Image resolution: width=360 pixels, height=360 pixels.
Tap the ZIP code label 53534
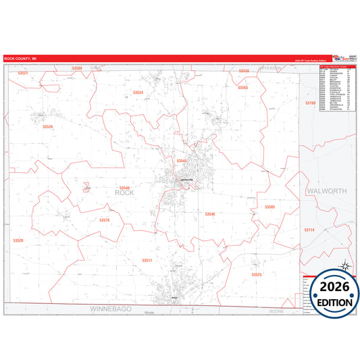pyautogui.click(x=138, y=92)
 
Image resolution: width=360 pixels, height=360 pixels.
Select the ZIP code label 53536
pyautogui.click(x=47, y=127)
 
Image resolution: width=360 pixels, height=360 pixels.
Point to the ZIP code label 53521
pyautogui.click(x=24, y=72)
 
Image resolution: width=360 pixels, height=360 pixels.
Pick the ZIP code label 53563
pyautogui.click(x=242, y=88)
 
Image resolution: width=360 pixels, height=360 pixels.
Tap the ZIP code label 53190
pyautogui.click(x=310, y=103)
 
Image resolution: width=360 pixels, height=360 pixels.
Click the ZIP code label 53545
pyautogui.click(x=181, y=161)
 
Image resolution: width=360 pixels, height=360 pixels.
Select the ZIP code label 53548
pyautogui.click(x=124, y=188)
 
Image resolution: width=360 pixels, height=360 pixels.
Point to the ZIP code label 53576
pyautogui.click(x=104, y=220)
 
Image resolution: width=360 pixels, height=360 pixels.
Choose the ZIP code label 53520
pyautogui.click(x=18, y=240)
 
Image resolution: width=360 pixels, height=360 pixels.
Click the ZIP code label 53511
pyautogui.click(x=147, y=260)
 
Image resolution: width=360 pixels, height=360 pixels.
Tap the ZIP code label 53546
pyautogui.click(x=210, y=213)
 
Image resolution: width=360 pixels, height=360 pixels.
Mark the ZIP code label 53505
pyautogui.click(x=269, y=207)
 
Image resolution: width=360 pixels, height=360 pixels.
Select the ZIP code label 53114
pyautogui.click(x=309, y=230)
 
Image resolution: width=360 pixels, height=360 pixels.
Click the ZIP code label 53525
pyautogui.click(x=256, y=275)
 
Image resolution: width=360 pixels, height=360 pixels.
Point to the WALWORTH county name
pyautogui.click(x=326, y=191)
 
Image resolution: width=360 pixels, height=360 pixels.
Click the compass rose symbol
pyautogui.click(x=344, y=266)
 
